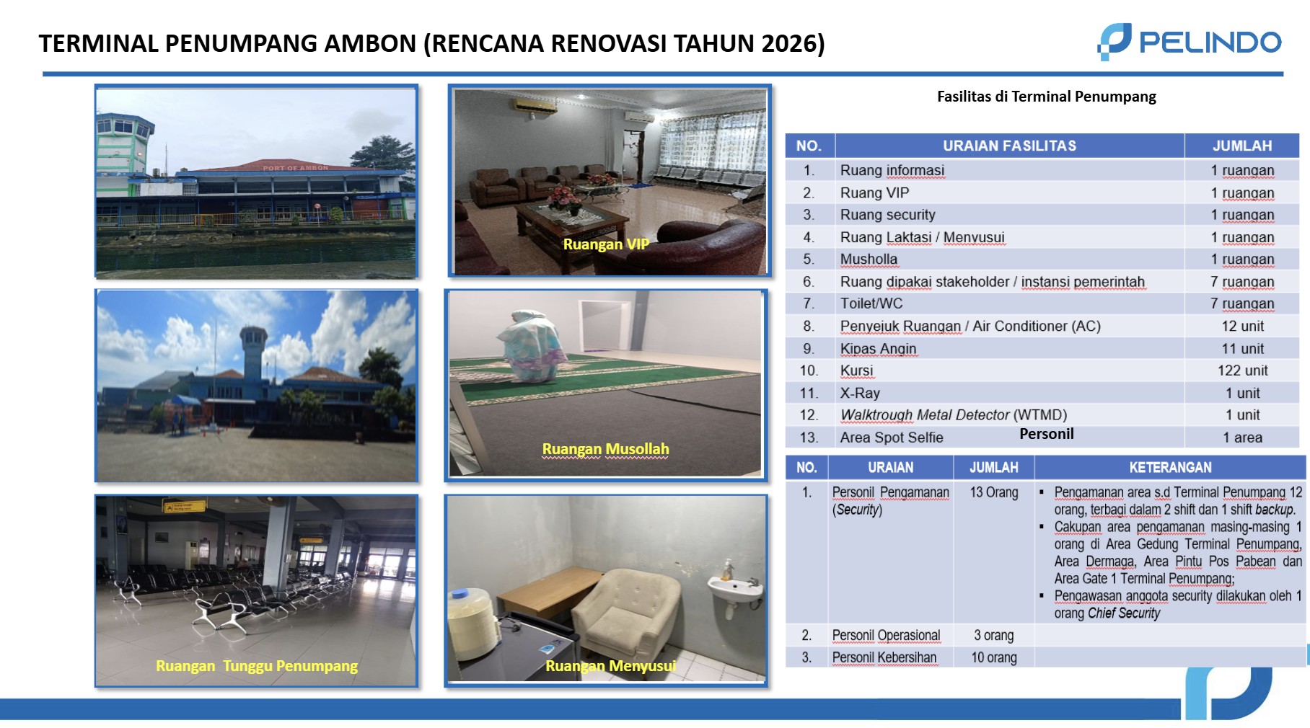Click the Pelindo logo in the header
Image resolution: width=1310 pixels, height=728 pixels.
[1189, 42]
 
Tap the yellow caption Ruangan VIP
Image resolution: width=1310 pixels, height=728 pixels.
[606, 244]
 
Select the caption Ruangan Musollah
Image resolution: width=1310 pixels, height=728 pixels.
[605, 449]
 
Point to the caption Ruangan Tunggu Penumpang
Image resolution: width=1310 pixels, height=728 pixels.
[257, 666]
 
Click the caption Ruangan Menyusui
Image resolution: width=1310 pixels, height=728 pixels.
[610, 666]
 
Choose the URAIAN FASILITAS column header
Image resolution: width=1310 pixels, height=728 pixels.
[1009, 146]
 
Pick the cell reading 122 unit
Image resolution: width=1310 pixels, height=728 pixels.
[1242, 370]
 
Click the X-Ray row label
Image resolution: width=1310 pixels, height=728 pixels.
[860, 393]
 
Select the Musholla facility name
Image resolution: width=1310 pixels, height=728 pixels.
[869, 259]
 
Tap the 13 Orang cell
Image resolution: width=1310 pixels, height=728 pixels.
[993, 492]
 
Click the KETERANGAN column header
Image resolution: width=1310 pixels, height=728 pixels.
[1170, 467]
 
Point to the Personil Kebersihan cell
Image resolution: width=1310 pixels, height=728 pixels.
[884, 657]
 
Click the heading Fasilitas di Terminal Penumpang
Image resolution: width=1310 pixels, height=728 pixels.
[1046, 97]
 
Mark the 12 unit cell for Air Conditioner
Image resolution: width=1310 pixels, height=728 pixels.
[1242, 326]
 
